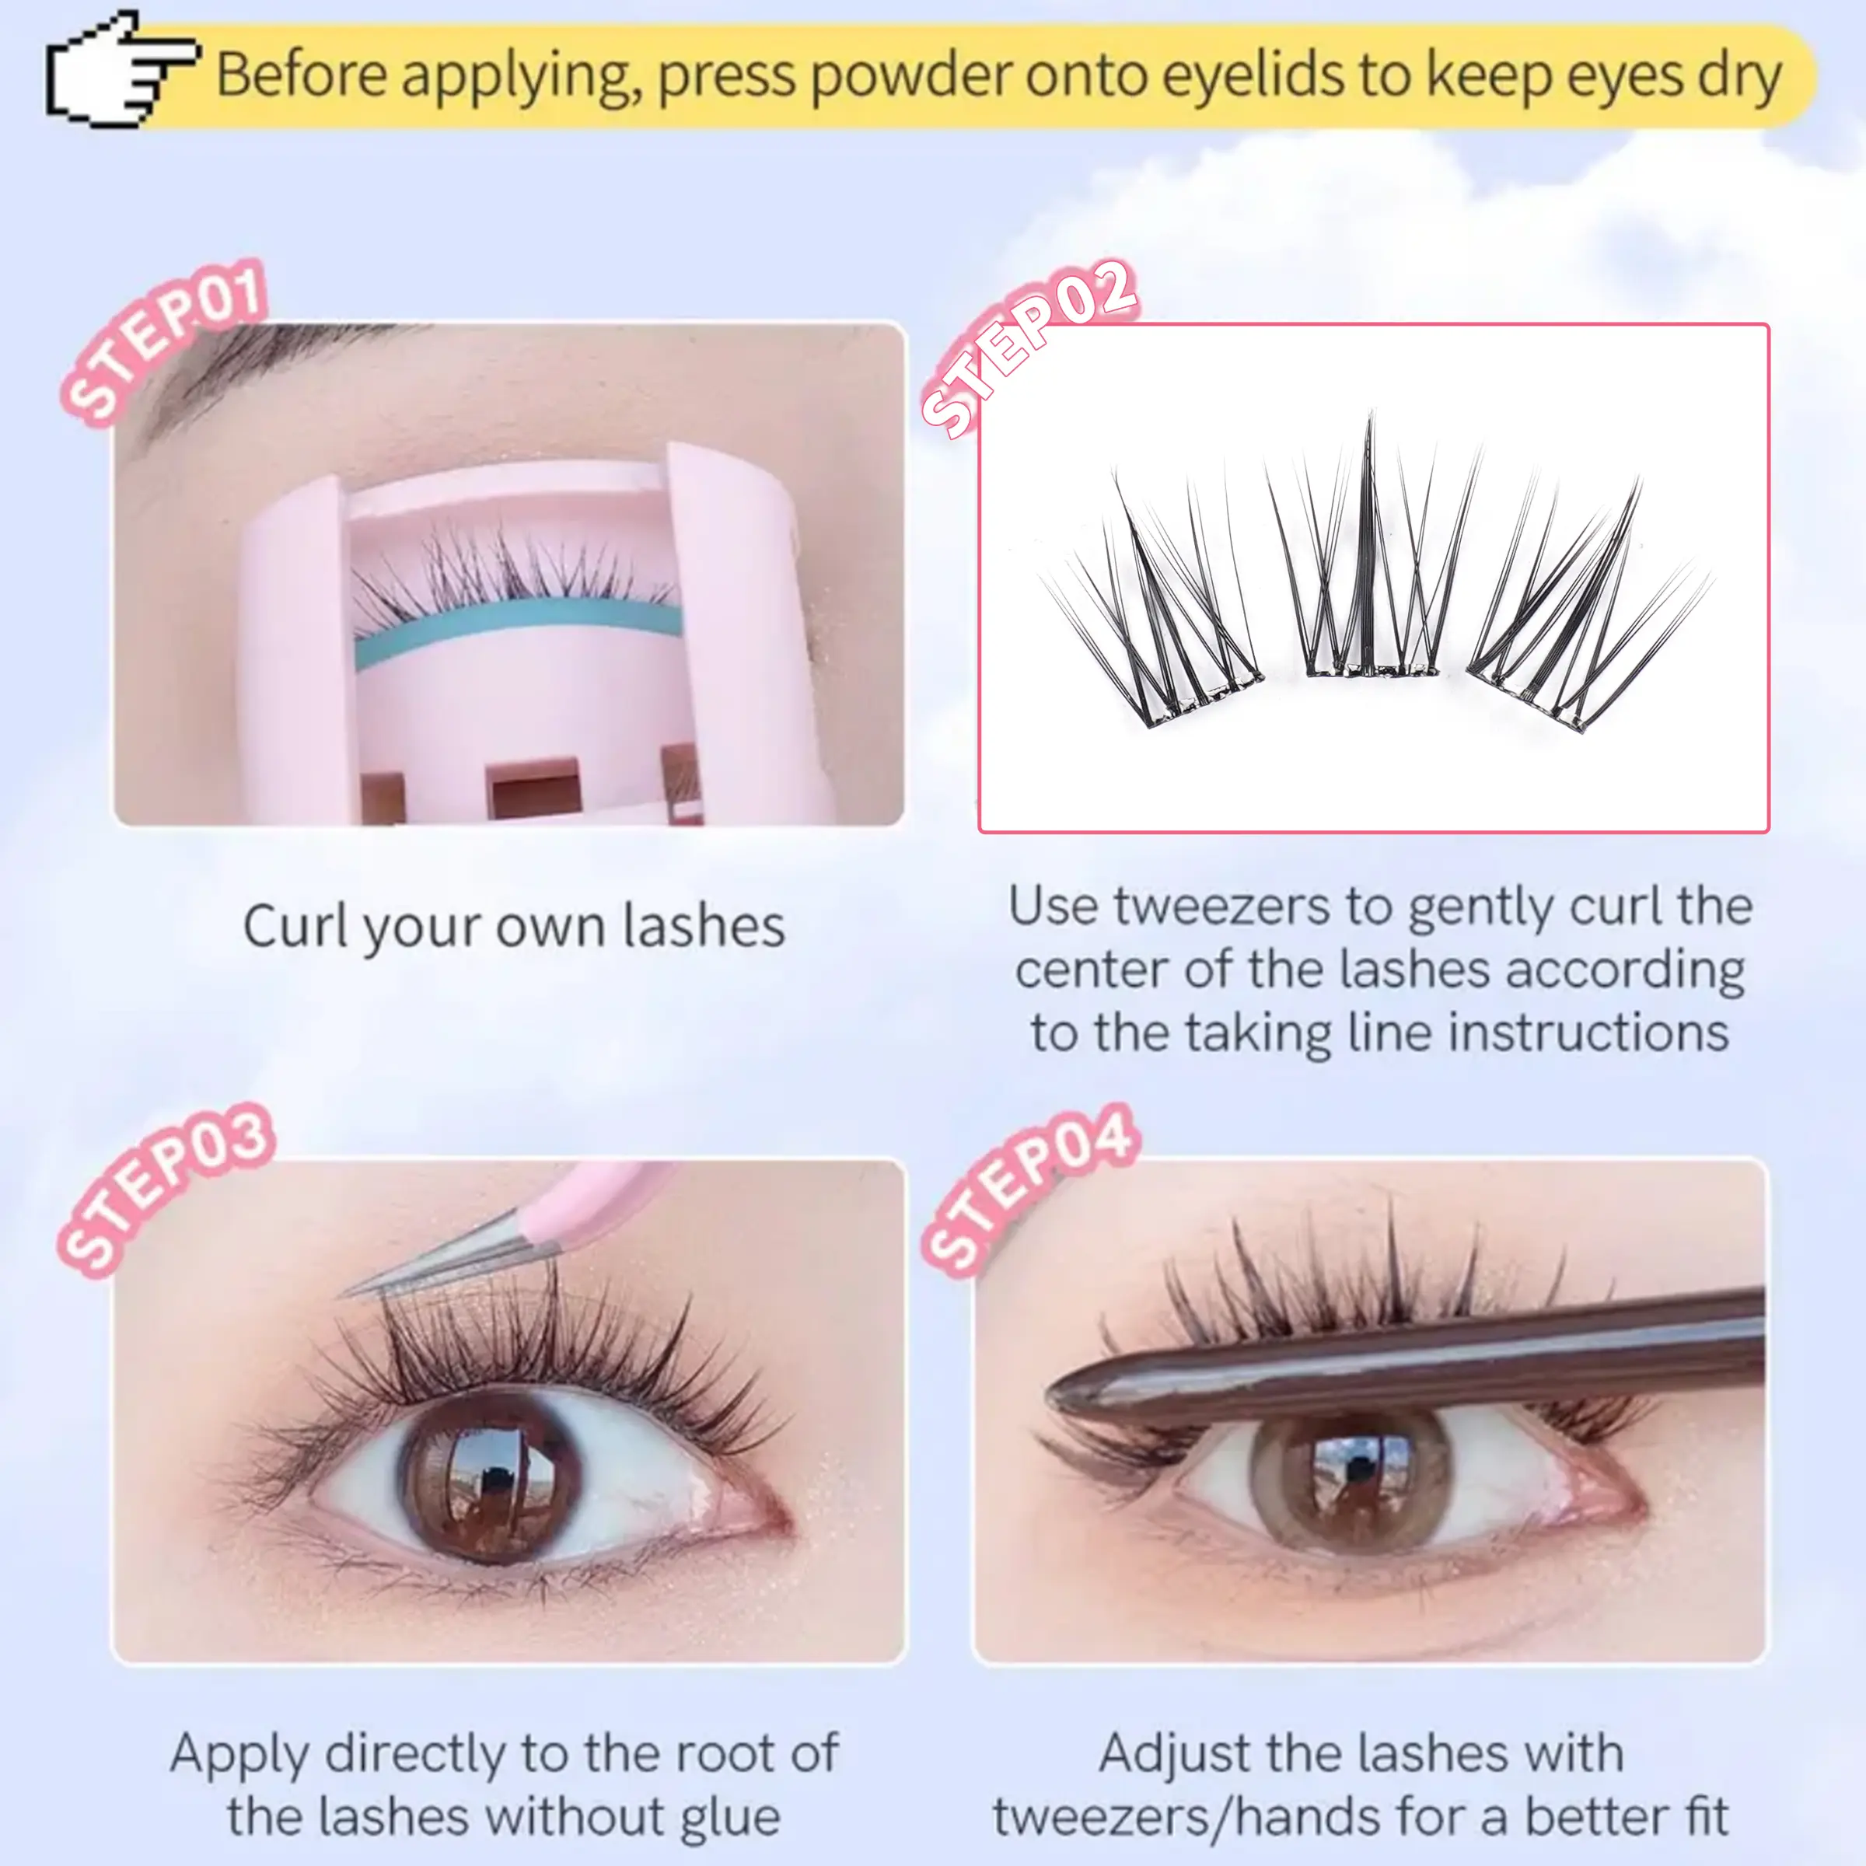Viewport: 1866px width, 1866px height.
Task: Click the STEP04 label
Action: [x=1030, y=1190]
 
